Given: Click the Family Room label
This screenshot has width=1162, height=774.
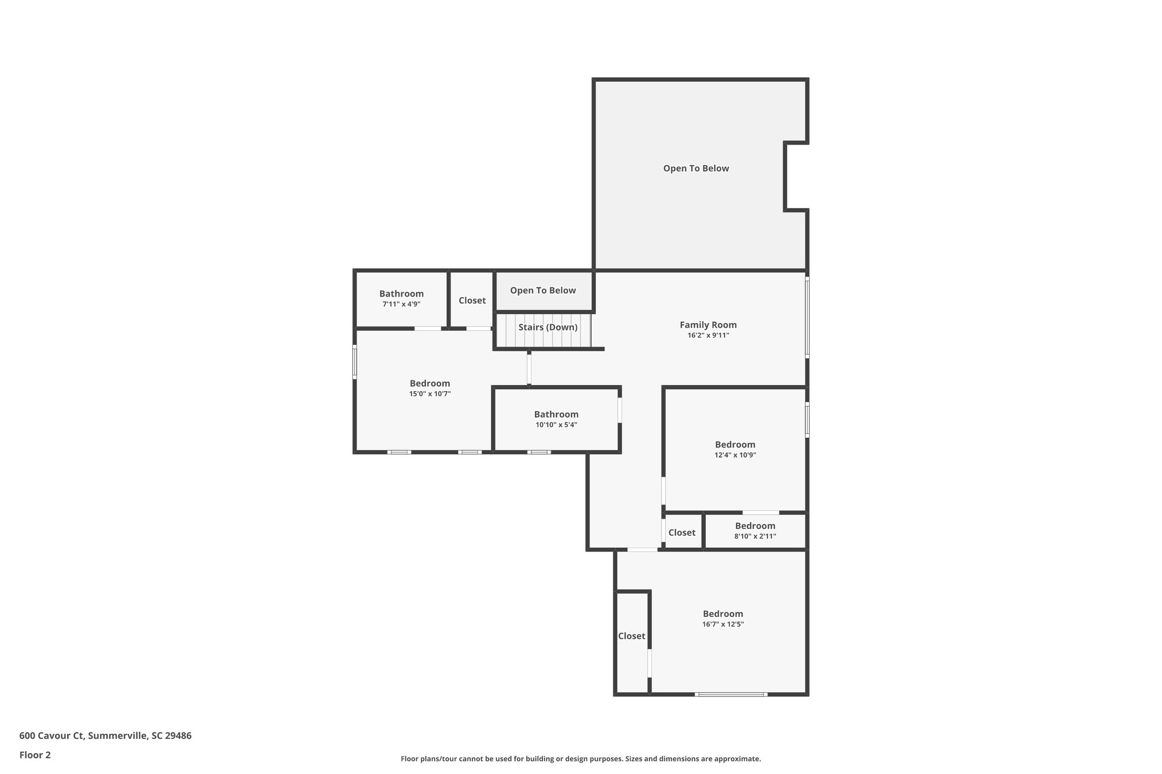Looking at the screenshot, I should click(x=708, y=325).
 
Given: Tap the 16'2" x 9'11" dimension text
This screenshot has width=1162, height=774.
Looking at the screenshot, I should click(x=708, y=336).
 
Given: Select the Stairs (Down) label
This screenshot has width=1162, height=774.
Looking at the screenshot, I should click(x=548, y=327).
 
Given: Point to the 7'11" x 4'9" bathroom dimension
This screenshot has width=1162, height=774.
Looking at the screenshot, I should click(x=401, y=304).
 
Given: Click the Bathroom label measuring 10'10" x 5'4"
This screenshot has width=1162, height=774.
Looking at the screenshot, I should click(x=556, y=415).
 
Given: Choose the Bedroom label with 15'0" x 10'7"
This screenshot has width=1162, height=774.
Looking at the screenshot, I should click(x=430, y=383).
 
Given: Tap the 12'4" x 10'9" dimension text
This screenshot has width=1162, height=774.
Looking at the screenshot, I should click(x=735, y=455).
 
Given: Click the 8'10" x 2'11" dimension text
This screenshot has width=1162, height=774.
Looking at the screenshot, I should click(x=755, y=536).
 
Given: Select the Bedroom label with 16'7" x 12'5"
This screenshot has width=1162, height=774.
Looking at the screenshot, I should click(x=722, y=614).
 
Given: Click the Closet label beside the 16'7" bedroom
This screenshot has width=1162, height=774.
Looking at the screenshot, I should click(x=631, y=636).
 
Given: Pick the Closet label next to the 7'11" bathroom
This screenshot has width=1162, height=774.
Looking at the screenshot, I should click(x=472, y=301).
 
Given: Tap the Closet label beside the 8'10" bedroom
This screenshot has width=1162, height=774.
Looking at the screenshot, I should click(x=681, y=533).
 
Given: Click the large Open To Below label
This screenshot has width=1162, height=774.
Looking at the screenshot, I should click(x=696, y=168).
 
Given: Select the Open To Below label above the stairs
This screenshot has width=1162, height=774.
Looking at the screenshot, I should click(x=542, y=290).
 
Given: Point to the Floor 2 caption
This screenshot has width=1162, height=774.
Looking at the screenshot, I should click(x=35, y=755).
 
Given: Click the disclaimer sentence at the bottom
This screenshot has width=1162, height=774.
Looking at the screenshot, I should click(x=580, y=759).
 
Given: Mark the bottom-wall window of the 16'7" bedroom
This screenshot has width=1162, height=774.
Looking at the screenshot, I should click(x=731, y=694).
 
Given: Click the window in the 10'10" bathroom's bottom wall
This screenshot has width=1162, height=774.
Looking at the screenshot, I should click(x=538, y=452).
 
